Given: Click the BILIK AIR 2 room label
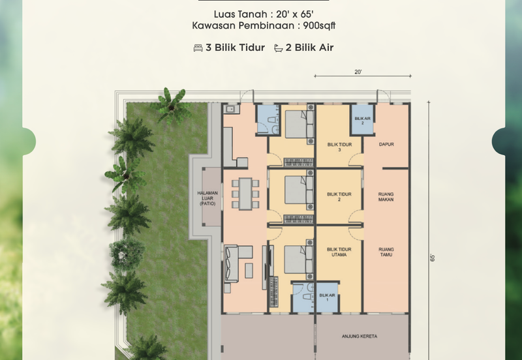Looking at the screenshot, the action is tap(363, 121).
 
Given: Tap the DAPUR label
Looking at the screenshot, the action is tap(386, 144).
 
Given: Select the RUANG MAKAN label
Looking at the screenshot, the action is tap(386, 197).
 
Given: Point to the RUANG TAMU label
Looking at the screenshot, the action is tap(386, 252).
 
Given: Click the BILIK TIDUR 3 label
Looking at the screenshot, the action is tap(339, 147).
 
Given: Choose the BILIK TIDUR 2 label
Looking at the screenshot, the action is tap(339, 197).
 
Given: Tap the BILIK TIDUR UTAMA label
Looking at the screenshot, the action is tap(339, 252).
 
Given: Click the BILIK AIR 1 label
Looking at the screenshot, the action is tap(328, 297).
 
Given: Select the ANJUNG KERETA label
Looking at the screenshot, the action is tap(360, 337).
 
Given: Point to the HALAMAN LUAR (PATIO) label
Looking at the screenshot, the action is tap(207, 198).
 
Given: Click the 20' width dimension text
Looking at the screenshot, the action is tap(358, 72).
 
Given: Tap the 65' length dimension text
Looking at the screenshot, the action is tap(433, 258).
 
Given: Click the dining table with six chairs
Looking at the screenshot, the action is tap(245, 194).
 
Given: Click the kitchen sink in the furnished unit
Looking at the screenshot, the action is tap(231, 109).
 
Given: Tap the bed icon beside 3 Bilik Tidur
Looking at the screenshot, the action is tap(198, 48).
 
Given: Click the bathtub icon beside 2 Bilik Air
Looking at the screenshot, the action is tap(279, 48).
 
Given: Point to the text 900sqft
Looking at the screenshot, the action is tap(319, 25).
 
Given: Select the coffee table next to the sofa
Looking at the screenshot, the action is tap(249, 271).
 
